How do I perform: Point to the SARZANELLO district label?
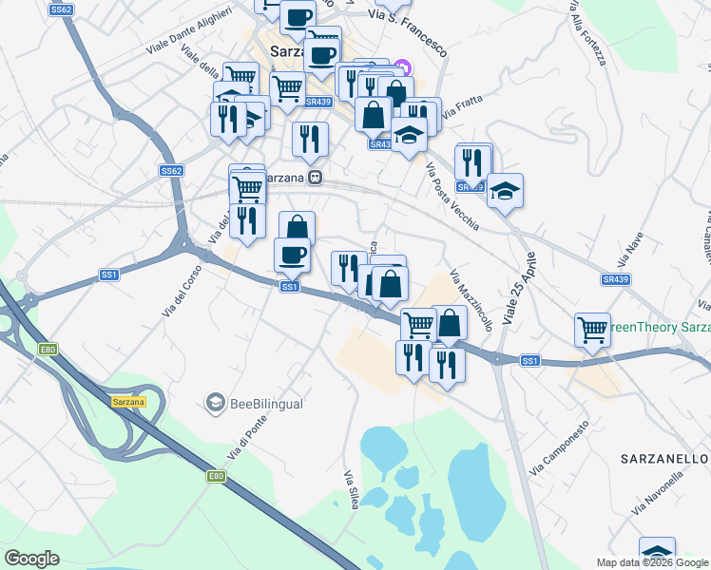[x=665, y=458]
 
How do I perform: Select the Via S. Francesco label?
[x=408, y=15]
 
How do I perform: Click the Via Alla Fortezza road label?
[x=587, y=33]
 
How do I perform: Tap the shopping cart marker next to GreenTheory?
[x=593, y=330]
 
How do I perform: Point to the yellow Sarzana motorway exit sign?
[x=128, y=402]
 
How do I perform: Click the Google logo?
[x=31, y=559]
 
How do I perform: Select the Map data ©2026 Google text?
[x=651, y=562]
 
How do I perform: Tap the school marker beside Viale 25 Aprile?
[x=505, y=190]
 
